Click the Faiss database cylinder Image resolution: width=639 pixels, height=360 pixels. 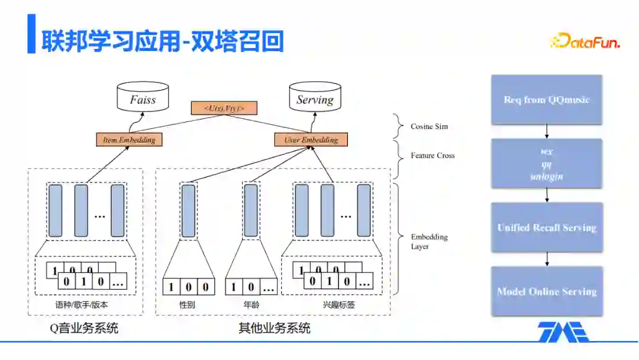pyautogui.click(x=143, y=99)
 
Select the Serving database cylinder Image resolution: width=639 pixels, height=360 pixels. pyautogui.click(x=315, y=99)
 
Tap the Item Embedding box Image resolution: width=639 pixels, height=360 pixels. pyautogui.click(x=129, y=140)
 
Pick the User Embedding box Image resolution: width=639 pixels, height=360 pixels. pyautogui.click(x=311, y=140)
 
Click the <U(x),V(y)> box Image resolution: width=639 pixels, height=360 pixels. pyautogui.click(x=225, y=108)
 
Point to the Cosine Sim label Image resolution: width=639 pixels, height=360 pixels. pyautogui.click(x=430, y=127)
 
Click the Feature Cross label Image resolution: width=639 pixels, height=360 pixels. pyautogui.click(x=433, y=156)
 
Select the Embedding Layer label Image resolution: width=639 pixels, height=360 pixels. pyautogui.click(x=429, y=242)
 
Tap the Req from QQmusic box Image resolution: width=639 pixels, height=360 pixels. pyautogui.click(x=547, y=99)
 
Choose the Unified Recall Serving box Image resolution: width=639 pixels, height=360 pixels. pyautogui.click(x=547, y=227)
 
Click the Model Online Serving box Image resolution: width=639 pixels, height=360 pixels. pyautogui.click(x=547, y=291)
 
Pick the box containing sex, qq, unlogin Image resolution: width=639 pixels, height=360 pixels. pyautogui.click(x=547, y=164)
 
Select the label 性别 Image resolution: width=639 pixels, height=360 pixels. pyautogui.click(x=188, y=306)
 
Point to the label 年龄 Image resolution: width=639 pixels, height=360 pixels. pyautogui.click(x=251, y=306)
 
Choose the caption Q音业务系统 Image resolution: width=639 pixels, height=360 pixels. pyautogui.click(x=84, y=328)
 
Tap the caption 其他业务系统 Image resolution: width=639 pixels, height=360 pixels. pyautogui.click(x=274, y=328)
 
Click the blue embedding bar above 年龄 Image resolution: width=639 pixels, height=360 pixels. pyautogui.click(x=251, y=210)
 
